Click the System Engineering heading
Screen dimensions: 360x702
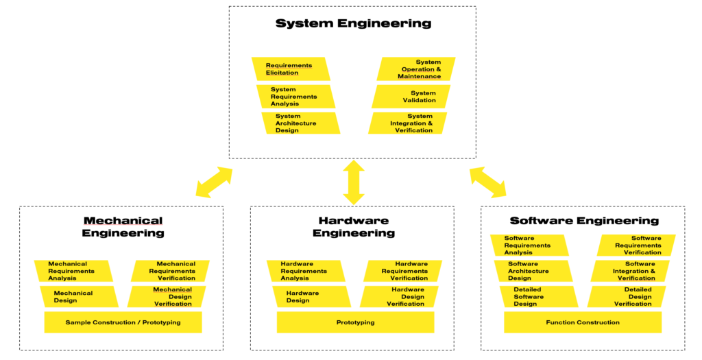tap(353, 24)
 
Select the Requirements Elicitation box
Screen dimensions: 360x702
tap(291, 69)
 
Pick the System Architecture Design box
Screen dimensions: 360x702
tap(300, 123)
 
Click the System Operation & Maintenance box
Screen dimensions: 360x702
tap(416, 69)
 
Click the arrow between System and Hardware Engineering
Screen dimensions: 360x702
tap(354, 182)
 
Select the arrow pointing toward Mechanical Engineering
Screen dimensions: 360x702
tap(214, 182)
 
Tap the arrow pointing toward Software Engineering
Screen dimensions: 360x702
tap(487, 182)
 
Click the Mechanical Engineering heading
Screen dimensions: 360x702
tap(123, 227)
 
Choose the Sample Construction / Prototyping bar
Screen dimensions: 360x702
tap(123, 322)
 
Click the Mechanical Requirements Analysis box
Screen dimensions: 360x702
tap(74, 271)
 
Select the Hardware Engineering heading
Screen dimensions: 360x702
tap(354, 227)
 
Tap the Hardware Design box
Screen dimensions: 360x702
tap(311, 296)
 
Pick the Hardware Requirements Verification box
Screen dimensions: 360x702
tap(402, 271)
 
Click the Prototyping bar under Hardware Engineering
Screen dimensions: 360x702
tap(355, 322)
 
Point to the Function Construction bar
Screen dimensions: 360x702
tap(583, 322)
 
